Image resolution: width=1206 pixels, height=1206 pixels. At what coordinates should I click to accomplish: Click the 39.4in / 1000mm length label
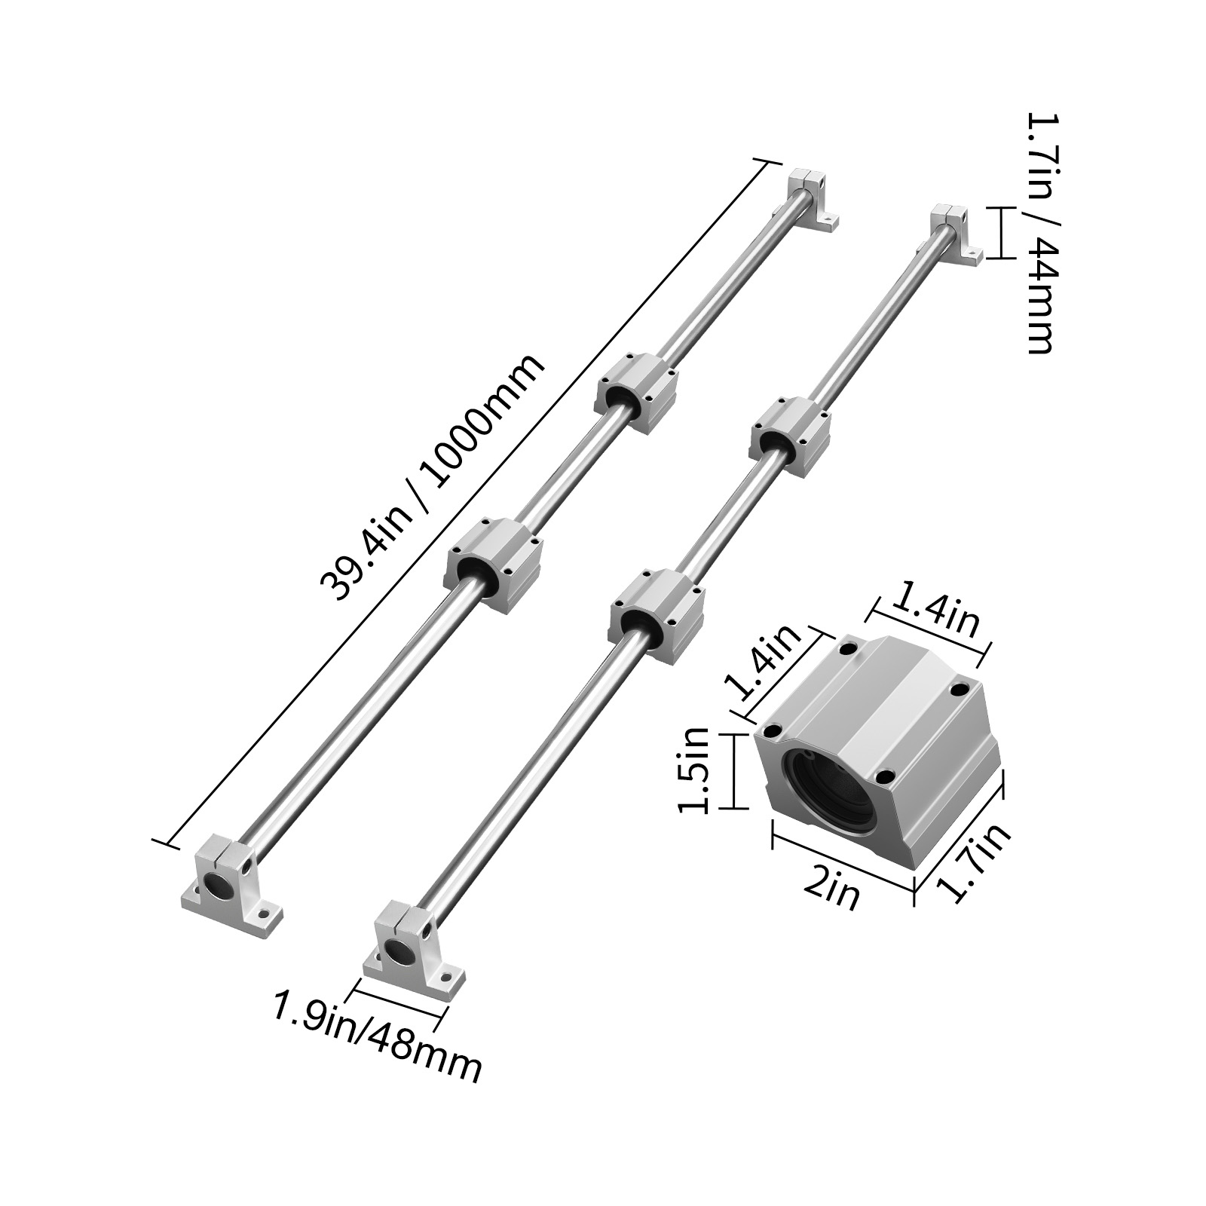click(x=432, y=478)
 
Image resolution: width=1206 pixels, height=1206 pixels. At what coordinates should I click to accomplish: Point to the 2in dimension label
click(x=831, y=892)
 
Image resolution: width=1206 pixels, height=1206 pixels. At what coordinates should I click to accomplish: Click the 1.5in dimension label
click(x=694, y=770)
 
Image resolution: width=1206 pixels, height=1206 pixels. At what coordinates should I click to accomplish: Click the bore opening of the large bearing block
click(x=829, y=791)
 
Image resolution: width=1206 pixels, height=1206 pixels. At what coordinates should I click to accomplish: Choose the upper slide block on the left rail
click(x=638, y=392)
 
